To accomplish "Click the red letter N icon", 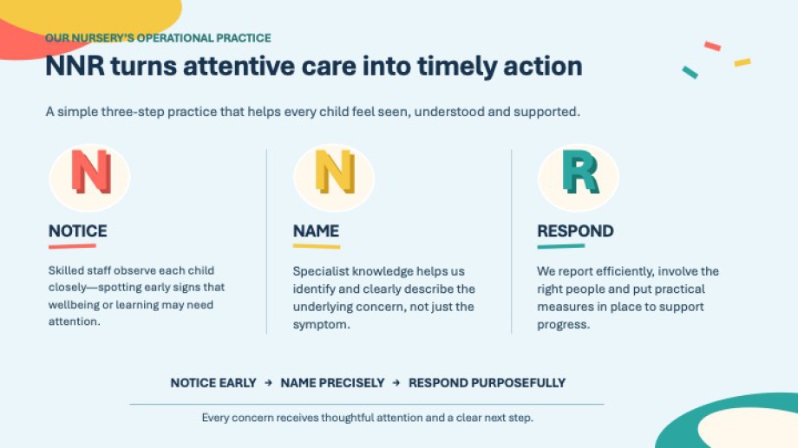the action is click(x=91, y=172).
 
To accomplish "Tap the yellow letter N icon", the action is click(x=335, y=172).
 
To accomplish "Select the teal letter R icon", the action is click(x=580, y=172).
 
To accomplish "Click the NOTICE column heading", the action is click(x=78, y=230).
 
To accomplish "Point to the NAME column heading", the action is click(x=316, y=230).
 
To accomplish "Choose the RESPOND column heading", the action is click(x=576, y=230).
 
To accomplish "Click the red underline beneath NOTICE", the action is click(x=72, y=246).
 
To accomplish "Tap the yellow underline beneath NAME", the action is click(x=317, y=246).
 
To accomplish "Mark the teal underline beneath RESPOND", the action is click(x=561, y=246).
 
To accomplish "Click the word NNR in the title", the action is click(x=75, y=66).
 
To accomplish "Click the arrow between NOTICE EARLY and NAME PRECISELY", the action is click(x=268, y=383).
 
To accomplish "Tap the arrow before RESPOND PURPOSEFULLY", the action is click(x=396, y=383).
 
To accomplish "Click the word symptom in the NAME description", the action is click(x=321, y=324).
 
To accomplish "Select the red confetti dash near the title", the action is click(x=712, y=46).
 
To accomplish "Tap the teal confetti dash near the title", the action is click(x=690, y=72).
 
